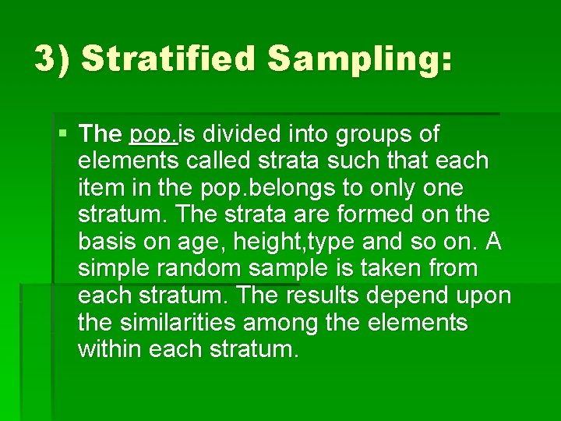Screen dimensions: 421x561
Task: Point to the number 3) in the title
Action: (x=53, y=59)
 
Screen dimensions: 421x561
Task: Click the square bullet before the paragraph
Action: (x=63, y=133)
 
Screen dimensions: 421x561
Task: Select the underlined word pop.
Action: (x=153, y=134)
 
